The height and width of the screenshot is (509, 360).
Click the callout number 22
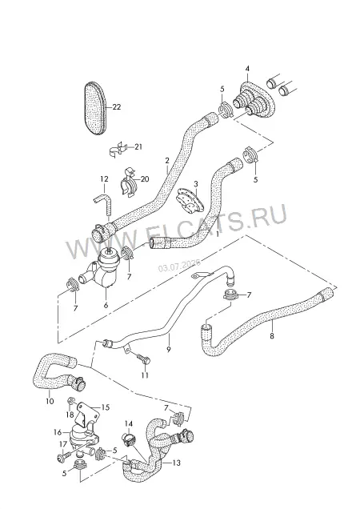click(116, 106)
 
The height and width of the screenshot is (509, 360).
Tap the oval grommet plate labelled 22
click(96, 108)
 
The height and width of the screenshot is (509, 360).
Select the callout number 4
click(247, 69)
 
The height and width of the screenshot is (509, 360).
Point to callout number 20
click(145, 178)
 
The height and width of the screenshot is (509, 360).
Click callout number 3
click(196, 184)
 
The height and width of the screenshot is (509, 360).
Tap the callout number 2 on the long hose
click(167, 160)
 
